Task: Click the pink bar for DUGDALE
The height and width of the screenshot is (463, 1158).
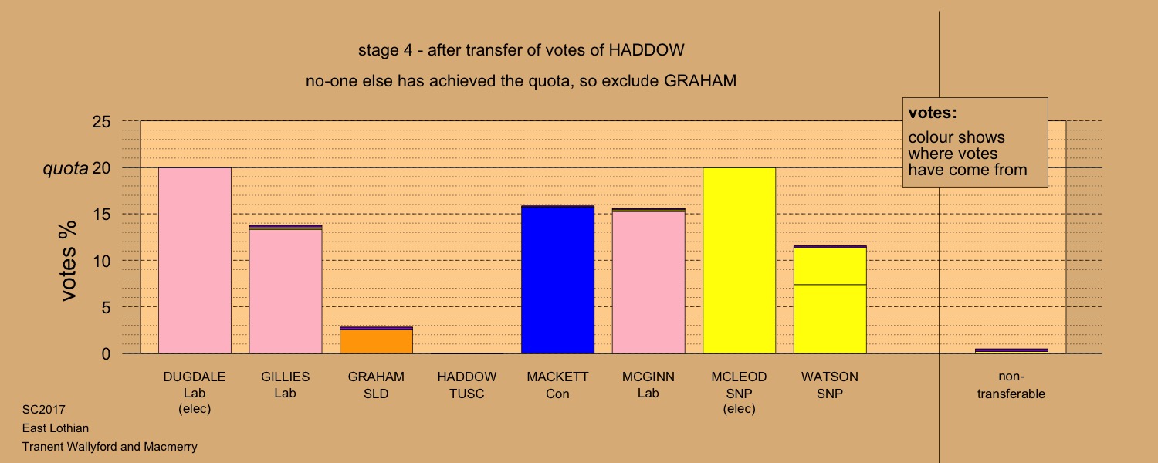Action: (195, 261)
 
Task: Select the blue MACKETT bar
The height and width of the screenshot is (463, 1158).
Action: (557, 279)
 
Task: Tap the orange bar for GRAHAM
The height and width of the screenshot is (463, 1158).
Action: (376, 340)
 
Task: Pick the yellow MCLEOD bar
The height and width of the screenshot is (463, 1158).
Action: (739, 261)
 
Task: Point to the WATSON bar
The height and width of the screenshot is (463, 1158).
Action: (830, 299)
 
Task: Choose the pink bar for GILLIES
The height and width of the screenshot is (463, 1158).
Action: (286, 289)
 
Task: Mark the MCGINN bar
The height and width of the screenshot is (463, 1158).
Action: (648, 281)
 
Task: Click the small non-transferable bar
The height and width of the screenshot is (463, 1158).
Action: (1011, 351)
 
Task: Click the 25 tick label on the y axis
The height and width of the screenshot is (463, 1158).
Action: (101, 121)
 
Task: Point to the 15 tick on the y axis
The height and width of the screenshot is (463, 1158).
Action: (101, 214)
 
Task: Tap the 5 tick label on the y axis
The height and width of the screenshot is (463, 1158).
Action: (106, 307)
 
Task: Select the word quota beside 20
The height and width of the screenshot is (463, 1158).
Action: (65, 168)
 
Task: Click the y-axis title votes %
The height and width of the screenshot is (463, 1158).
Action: (68, 261)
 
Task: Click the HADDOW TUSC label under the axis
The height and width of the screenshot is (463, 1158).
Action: (467, 385)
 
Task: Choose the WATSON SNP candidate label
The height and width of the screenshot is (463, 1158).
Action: (830, 385)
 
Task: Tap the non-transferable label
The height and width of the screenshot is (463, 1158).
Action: (1011, 385)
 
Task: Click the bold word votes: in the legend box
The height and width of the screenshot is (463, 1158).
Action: (933, 113)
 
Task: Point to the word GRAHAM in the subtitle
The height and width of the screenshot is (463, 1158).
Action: (700, 81)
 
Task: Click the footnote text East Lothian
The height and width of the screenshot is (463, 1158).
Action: (56, 428)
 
